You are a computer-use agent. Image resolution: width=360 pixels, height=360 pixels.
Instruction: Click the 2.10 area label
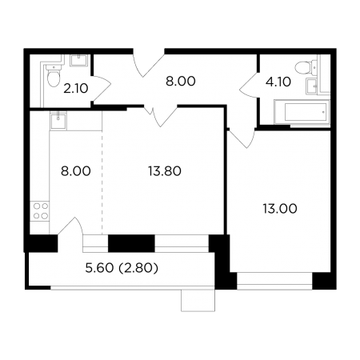click(76, 89)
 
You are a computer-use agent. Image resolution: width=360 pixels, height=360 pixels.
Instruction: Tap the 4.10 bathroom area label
click(278, 82)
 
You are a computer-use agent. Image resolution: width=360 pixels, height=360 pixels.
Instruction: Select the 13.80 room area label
click(165, 171)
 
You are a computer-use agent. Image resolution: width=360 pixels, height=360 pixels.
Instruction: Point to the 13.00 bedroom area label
click(280, 208)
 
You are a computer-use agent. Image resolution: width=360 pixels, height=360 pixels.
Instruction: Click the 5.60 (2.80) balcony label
click(122, 268)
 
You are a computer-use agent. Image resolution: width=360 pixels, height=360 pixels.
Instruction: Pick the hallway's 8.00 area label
click(181, 81)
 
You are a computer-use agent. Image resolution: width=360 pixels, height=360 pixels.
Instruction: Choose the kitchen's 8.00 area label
click(76, 171)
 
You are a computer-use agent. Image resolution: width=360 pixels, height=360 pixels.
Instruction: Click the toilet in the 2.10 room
click(54, 75)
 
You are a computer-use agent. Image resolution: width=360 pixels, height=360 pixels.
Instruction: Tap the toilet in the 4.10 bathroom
click(306, 66)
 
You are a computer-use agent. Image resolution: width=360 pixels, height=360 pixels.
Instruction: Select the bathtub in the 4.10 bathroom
click(302, 112)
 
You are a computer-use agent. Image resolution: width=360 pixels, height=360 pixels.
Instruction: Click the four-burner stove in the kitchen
click(41, 210)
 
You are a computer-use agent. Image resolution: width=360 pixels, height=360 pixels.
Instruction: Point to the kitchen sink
click(58, 120)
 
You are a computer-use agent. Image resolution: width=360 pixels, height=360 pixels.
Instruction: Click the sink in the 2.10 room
click(78, 60)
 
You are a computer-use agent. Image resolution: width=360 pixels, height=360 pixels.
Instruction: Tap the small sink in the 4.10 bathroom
click(311, 86)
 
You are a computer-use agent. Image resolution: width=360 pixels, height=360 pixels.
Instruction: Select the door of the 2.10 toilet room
click(101, 89)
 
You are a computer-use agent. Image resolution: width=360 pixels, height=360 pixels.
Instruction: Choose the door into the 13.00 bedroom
click(242, 138)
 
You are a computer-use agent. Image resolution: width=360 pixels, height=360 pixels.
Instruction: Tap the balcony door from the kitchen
click(71, 226)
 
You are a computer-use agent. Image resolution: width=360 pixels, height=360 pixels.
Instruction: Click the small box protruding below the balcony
click(198, 301)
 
